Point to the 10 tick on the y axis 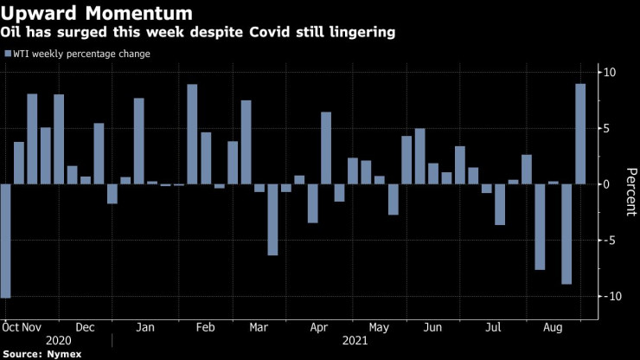pos(610,72)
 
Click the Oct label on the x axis pos(10,328)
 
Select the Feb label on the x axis pos(205,328)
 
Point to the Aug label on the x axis pos(550,328)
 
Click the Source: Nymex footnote pos(40,355)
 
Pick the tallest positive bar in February pos(192,134)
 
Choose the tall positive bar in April pos(326,148)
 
